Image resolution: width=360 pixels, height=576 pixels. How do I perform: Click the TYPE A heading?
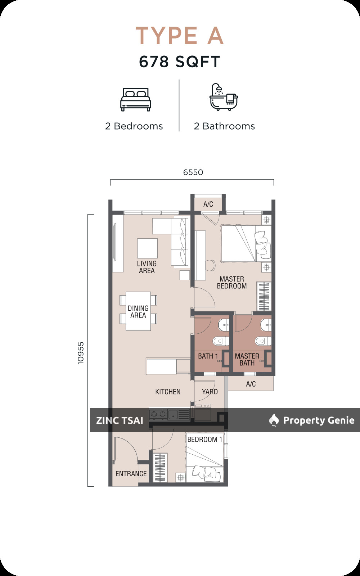pos(180,36)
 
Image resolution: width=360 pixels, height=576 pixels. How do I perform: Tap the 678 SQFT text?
pos(180,62)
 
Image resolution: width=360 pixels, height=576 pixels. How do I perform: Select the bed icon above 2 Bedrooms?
pos(135,99)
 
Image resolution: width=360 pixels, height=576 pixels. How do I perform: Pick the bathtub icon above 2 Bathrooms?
pos(224,97)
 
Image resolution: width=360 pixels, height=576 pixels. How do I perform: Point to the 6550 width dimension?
pos(193,172)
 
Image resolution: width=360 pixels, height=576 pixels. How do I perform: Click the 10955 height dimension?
pos(81,353)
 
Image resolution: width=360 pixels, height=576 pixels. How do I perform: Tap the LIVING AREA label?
pos(147,267)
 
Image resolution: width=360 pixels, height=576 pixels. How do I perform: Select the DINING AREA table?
pos(138,311)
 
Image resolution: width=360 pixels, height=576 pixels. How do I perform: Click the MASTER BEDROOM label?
pos(232,282)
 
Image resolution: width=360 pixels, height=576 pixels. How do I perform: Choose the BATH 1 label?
pos(208,356)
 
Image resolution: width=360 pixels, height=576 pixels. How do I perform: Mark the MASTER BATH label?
pos(247,360)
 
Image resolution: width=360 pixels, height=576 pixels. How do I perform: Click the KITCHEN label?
pos(168,392)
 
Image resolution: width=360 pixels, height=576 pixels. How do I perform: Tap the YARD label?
pos(210,392)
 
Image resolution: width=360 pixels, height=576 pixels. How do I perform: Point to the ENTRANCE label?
pos(131,474)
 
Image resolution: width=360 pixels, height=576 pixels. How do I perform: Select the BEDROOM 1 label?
pos(204,440)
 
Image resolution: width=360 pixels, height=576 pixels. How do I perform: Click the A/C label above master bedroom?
pos(208,204)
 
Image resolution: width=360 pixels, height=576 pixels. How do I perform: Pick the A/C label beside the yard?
pos(251,384)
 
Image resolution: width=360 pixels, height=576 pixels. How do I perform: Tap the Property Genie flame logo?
pos(274,420)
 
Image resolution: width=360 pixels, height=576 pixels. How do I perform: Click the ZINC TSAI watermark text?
pos(120,420)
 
